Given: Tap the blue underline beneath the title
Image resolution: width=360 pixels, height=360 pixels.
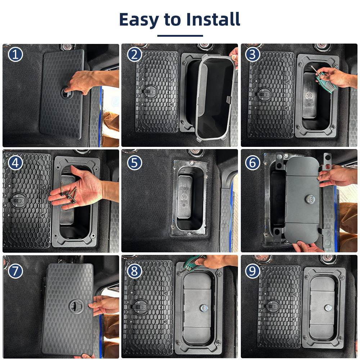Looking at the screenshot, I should tap(180, 36).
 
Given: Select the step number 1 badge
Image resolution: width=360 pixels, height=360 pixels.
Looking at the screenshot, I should tap(15, 54).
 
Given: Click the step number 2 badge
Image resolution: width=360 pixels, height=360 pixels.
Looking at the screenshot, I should tap(134, 54).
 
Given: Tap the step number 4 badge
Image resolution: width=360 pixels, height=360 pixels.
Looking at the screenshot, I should tap(15, 163).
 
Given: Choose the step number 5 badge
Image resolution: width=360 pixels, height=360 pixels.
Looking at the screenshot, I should tap(134, 163).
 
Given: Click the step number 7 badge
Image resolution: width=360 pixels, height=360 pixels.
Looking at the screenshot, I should tap(15, 271).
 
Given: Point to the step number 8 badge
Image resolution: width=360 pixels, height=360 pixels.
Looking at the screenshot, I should tap(134, 271).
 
